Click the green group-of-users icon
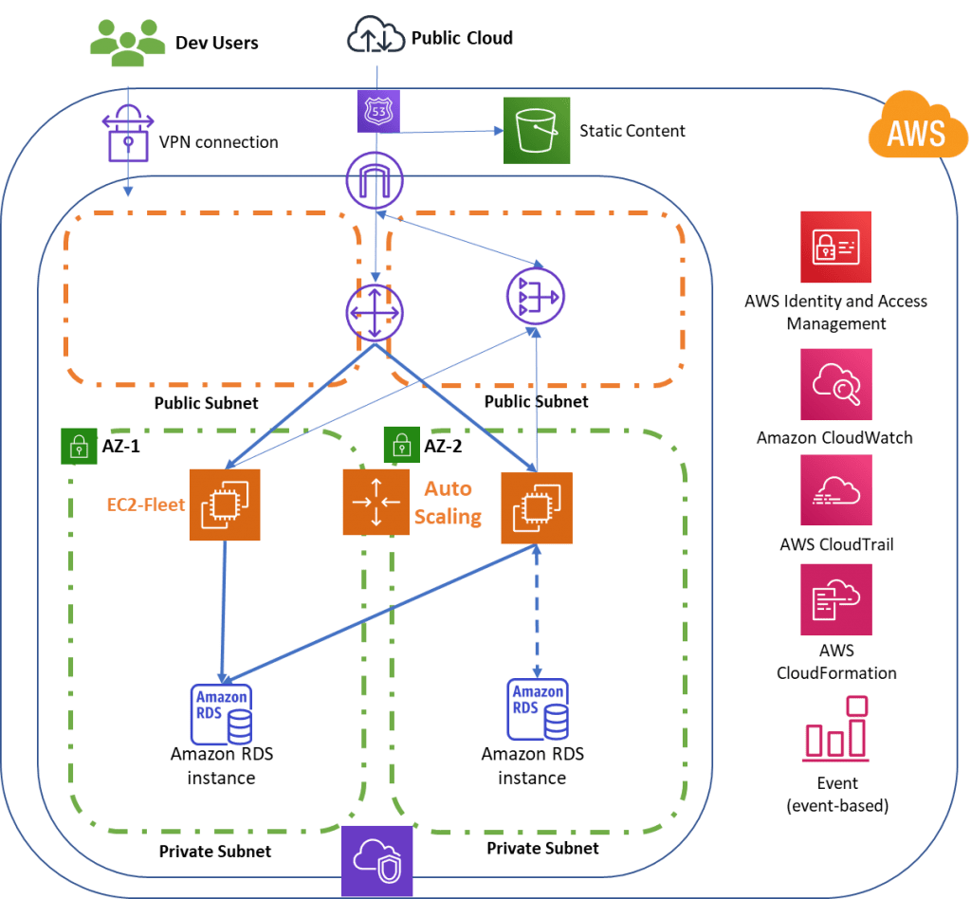click(126, 40)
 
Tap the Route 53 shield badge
click(379, 111)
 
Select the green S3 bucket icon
click(537, 130)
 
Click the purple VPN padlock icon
click(126, 134)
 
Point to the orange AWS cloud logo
click(915, 129)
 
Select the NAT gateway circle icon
click(535, 295)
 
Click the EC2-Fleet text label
click(145, 505)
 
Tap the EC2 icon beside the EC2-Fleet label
click(224, 505)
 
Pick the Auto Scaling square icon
click(376, 502)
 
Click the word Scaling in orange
click(448, 517)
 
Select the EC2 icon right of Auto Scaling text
click(536, 508)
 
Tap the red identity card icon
click(835, 247)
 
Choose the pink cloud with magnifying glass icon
click(835, 384)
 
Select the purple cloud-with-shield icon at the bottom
click(376, 860)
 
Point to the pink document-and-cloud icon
click(835, 599)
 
